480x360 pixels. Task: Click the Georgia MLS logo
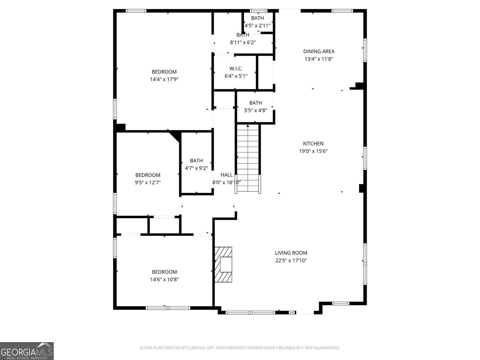(x=27, y=351)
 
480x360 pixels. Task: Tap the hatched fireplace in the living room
(x=223, y=264)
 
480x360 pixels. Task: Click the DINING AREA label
(x=319, y=51)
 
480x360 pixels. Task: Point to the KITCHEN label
(x=313, y=144)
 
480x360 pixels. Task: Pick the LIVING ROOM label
(x=291, y=253)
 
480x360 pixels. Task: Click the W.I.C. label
(x=236, y=68)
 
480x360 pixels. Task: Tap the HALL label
(x=227, y=175)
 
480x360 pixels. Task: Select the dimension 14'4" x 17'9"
(x=164, y=79)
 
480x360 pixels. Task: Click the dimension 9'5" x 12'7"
(x=148, y=183)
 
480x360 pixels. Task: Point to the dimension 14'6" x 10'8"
(x=164, y=279)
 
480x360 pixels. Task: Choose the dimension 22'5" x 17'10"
(x=291, y=260)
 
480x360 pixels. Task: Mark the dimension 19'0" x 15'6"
(x=313, y=151)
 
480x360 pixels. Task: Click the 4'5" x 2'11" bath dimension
(x=258, y=25)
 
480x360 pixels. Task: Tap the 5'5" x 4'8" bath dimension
(x=255, y=110)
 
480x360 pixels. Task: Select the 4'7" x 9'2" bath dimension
(x=196, y=168)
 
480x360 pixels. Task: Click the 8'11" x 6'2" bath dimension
(x=243, y=42)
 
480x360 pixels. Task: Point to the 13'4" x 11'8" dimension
(x=319, y=59)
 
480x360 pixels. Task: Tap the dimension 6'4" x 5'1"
(x=236, y=76)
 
